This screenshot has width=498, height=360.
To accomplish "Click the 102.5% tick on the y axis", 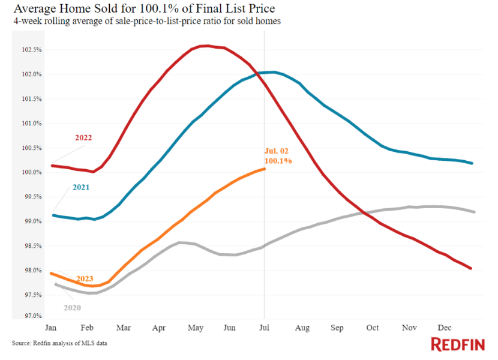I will click(32, 50).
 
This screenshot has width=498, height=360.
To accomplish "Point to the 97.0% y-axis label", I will click(32, 316).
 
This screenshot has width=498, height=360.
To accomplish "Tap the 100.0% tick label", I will click(32, 173).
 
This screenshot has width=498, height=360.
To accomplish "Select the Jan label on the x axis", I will click(52, 328).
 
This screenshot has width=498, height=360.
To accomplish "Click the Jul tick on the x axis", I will click(264, 328).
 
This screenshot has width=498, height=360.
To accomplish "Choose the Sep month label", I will click(337, 328).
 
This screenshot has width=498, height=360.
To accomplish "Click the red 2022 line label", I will click(83, 138).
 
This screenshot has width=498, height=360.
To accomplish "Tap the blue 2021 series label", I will click(81, 187).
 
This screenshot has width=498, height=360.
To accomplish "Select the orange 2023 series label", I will click(85, 278).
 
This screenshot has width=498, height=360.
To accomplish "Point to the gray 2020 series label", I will click(72, 308).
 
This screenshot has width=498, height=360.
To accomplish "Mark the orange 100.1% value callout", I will click(278, 161).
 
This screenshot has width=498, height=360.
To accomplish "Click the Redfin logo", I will click(457, 344).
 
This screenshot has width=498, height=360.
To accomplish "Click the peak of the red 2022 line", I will click(205, 46).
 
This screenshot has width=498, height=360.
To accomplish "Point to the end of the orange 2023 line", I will click(265, 169).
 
